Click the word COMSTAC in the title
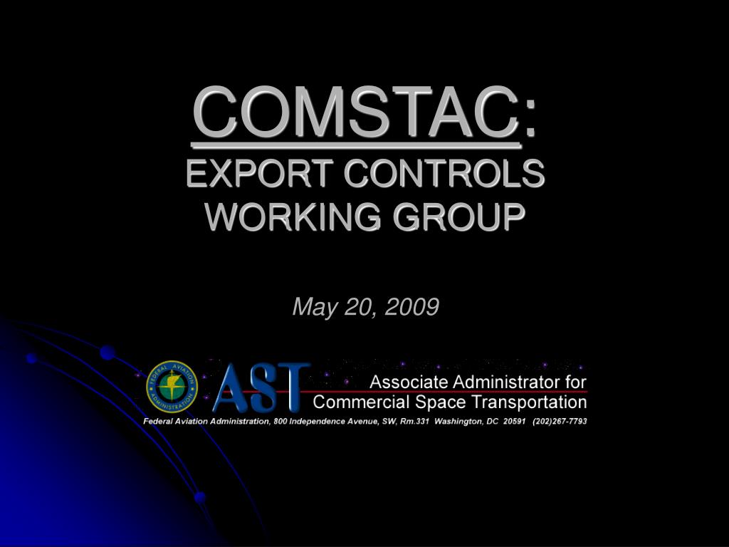pos(357,112)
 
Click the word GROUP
pos(459,217)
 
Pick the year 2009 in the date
pos(412,306)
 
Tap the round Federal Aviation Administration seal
pos(172,386)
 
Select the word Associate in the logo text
pos(409,382)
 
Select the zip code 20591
pos(514,422)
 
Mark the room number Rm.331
pos(414,422)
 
